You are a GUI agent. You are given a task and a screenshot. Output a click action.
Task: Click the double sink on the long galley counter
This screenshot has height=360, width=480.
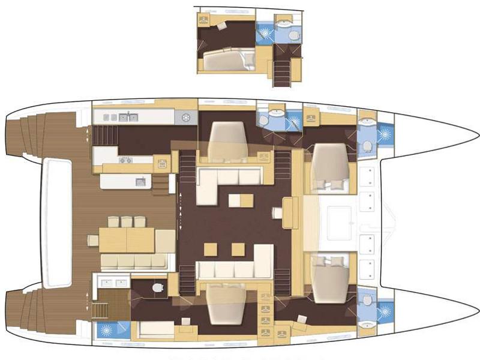point(128,117)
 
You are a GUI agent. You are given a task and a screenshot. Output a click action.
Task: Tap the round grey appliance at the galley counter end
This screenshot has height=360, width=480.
point(185,117)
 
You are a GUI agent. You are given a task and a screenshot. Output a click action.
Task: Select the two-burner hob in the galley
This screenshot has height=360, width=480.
point(125,160)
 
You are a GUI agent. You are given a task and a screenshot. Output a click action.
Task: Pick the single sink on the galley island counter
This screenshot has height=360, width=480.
point(140,181)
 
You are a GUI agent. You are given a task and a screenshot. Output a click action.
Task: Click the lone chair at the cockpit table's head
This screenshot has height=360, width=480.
point(93,240)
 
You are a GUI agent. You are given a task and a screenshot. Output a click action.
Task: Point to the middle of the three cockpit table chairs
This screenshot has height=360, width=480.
point(127,221)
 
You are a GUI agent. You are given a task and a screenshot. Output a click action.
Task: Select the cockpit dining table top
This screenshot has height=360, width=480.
point(127,240)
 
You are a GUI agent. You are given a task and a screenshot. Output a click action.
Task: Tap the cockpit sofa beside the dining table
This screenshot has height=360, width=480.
point(133,262)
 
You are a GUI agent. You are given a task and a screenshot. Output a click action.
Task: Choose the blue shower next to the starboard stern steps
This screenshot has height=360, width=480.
point(107,330)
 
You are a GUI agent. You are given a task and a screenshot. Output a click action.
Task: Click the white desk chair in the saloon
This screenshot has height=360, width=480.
point(277,213)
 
